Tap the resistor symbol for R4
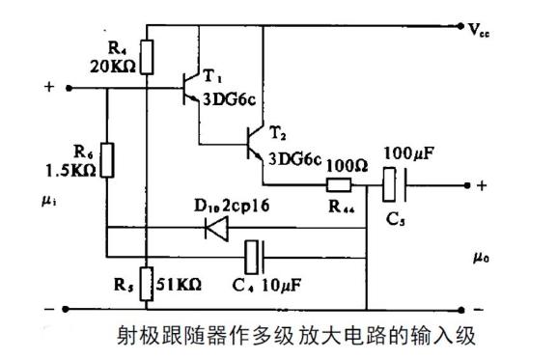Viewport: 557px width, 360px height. point(144,56)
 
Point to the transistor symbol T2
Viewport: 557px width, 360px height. point(254,145)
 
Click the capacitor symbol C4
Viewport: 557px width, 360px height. point(253,257)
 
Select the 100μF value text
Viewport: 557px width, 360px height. point(409,153)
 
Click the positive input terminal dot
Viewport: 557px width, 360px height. point(69,88)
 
